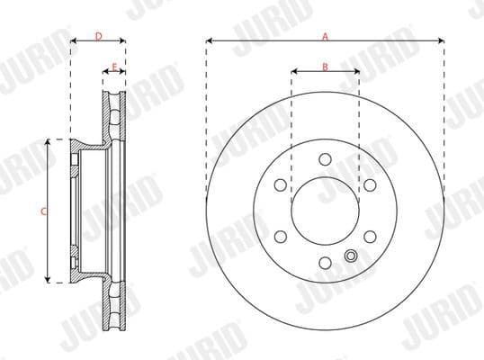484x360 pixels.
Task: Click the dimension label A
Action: (x=325, y=35)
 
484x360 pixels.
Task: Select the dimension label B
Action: (x=325, y=66)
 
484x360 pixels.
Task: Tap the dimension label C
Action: (x=44, y=211)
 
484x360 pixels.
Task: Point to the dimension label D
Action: (x=97, y=35)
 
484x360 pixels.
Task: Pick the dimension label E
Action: (x=113, y=66)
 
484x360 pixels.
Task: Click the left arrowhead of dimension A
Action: (x=208, y=40)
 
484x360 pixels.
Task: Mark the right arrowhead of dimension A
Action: (x=443, y=40)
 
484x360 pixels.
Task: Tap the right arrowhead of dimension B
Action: (x=357, y=72)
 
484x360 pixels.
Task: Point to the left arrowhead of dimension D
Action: (x=72, y=40)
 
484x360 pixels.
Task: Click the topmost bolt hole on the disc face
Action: (x=325, y=159)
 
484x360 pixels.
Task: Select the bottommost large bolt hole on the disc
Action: (x=325, y=263)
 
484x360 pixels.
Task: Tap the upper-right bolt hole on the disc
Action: (x=370, y=185)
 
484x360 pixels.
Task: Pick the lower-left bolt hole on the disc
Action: (x=280, y=237)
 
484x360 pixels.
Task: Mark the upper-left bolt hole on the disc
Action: (x=280, y=185)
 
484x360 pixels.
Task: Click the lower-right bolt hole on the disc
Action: (x=370, y=237)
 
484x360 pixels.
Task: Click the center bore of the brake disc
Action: (x=325, y=211)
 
